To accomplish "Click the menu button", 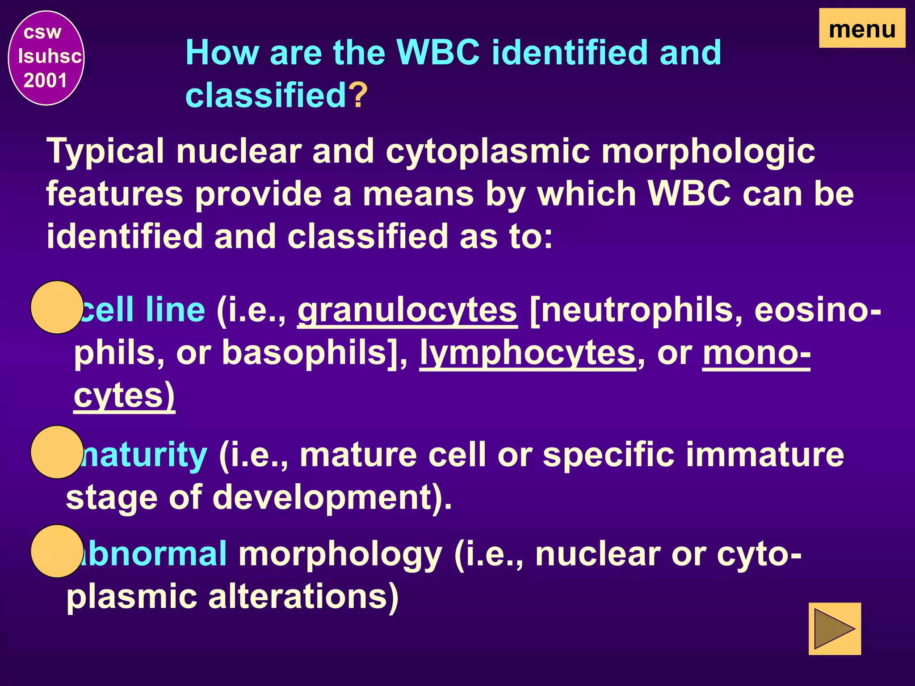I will click(x=862, y=29).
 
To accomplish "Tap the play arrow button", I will click(x=834, y=629).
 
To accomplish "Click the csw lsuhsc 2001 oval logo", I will click(x=46, y=58).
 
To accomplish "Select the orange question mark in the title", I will click(x=358, y=95).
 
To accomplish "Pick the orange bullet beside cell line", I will click(x=57, y=307).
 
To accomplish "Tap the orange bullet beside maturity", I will click(x=57, y=452).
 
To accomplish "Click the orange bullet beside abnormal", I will click(x=57, y=551).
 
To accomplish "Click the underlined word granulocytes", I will click(x=407, y=310).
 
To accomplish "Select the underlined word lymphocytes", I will click(x=528, y=353).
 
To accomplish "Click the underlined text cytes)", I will click(x=124, y=396).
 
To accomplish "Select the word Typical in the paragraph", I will click(x=106, y=152).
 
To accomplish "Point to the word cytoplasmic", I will click(x=487, y=152).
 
